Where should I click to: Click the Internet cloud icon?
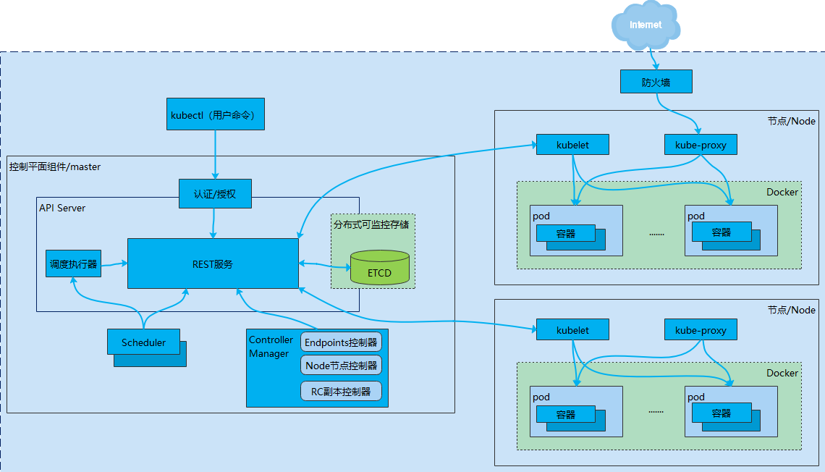click(x=646, y=25)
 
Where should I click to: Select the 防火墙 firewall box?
click(x=656, y=82)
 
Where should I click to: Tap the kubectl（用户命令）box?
click(x=215, y=114)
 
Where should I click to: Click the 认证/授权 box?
click(x=215, y=193)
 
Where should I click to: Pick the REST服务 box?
click(x=213, y=264)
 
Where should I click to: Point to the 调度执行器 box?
click(x=72, y=264)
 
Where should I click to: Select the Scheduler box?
click(x=143, y=342)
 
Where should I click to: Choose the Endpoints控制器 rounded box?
click(x=341, y=342)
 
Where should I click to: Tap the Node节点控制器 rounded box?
click(x=341, y=365)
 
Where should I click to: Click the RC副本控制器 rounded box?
click(x=341, y=392)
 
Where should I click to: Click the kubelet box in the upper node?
click(x=572, y=145)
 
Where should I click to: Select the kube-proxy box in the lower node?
click(x=701, y=330)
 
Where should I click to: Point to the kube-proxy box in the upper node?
click(x=701, y=145)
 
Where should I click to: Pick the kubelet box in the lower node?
click(x=572, y=330)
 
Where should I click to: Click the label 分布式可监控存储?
click(x=371, y=224)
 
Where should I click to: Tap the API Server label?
click(x=62, y=208)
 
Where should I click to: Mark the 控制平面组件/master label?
click(x=55, y=167)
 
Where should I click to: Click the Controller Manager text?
click(x=271, y=347)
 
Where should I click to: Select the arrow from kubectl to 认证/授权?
click(x=215, y=153)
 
